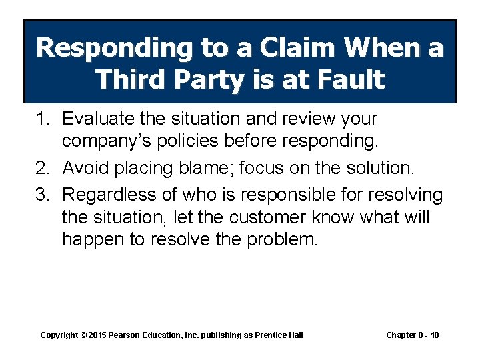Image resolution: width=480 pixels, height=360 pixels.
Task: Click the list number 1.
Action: (43, 119)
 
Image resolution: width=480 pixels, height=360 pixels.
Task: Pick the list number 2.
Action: (43, 169)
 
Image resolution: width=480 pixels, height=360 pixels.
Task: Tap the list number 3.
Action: (43, 194)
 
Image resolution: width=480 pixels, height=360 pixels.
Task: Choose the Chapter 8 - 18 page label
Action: (412, 335)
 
